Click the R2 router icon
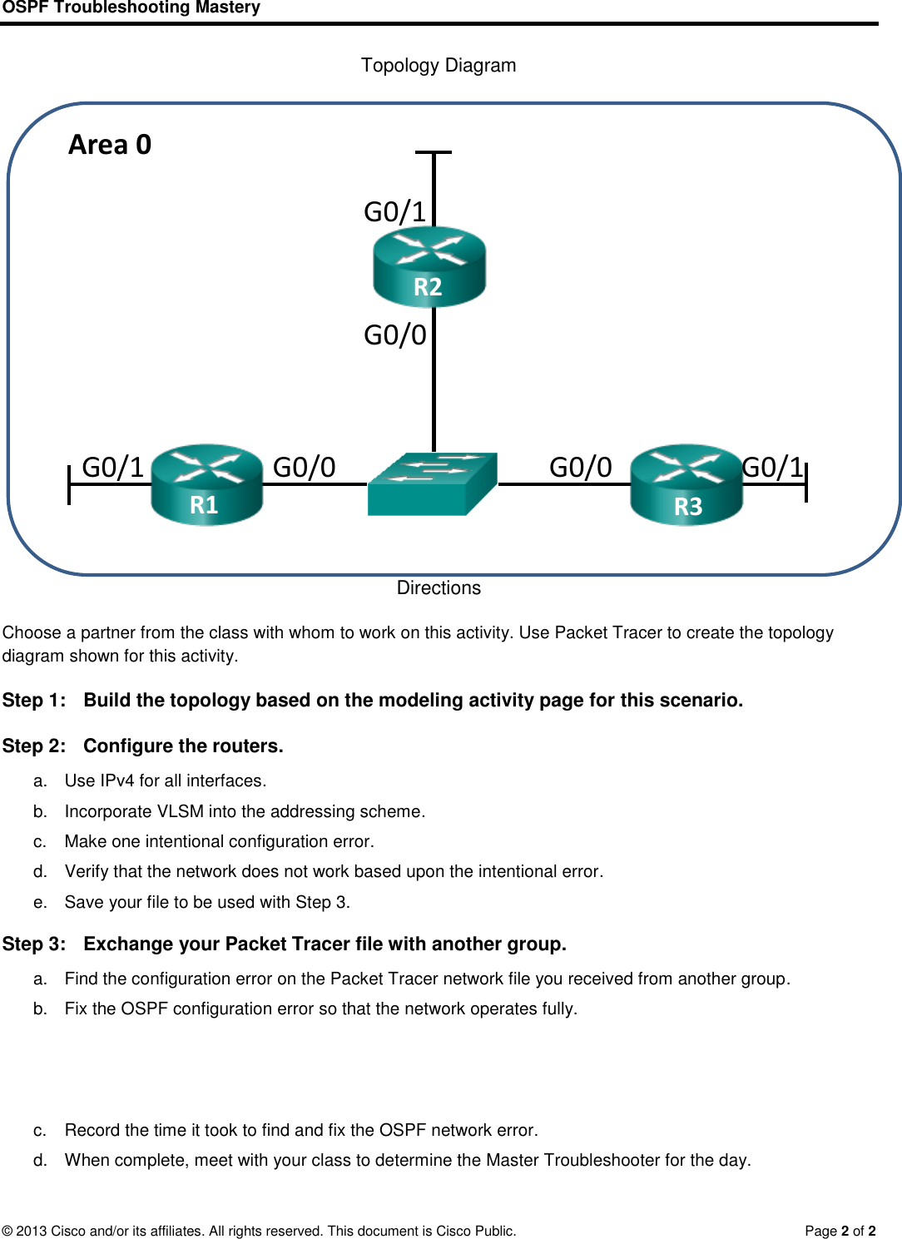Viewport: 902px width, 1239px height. (x=429, y=266)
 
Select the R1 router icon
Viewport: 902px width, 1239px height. (x=206, y=485)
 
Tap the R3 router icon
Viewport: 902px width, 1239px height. (x=686, y=485)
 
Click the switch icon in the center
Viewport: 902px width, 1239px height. (x=432, y=484)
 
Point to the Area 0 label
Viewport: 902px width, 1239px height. (x=110, y=145)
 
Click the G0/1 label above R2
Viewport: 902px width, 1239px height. (x=394, y=212)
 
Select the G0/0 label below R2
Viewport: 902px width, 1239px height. (x=394, y=335)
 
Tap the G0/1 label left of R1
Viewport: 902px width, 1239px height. (x=113, y=468)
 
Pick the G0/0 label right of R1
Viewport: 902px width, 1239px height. (x=304, y=468)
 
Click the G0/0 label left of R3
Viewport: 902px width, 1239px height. (x=580, y=468)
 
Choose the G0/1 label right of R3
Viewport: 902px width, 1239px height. (x=772, y=468)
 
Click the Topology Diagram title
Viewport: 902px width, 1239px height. (x=439, y=66)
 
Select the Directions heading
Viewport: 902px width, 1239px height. (x=439, y=588)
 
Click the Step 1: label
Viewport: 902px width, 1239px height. (x=34, y=701)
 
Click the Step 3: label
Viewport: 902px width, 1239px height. (x=34, y=944)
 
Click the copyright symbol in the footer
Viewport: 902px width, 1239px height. (x=7, y=1231)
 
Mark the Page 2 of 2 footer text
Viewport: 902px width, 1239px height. (x=840, y=1231)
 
